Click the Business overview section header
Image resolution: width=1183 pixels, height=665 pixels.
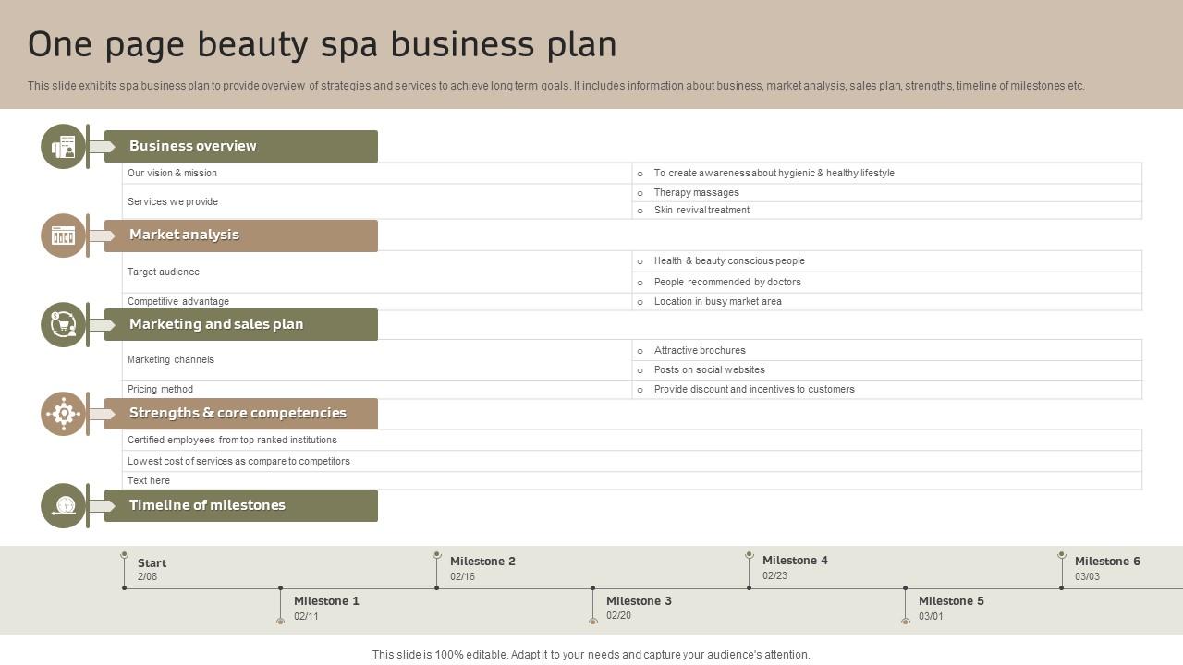240,146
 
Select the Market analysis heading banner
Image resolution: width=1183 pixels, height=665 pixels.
240,236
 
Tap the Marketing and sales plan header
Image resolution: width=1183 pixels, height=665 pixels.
240,324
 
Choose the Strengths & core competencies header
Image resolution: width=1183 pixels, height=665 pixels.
240,414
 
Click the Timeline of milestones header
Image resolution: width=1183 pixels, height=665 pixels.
240,505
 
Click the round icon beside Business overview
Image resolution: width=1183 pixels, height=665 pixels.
63,147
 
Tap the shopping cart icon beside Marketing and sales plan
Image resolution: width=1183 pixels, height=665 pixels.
63,324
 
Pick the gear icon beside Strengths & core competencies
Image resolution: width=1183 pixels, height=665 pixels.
63,413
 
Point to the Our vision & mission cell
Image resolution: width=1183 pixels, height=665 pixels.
173,173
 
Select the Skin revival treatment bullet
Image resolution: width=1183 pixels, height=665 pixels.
701,210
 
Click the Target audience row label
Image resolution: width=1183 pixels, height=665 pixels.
164,272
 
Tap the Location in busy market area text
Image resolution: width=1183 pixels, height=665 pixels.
717,301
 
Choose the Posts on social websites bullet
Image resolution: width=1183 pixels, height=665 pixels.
709,369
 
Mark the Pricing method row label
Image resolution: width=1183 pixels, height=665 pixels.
160,389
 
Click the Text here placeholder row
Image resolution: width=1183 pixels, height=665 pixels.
149,480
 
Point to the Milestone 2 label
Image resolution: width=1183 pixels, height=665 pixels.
482,562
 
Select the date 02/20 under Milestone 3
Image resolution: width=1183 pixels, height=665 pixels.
618,616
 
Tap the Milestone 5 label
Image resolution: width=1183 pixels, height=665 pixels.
951,601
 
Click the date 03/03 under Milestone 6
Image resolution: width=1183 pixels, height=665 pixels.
1087,576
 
